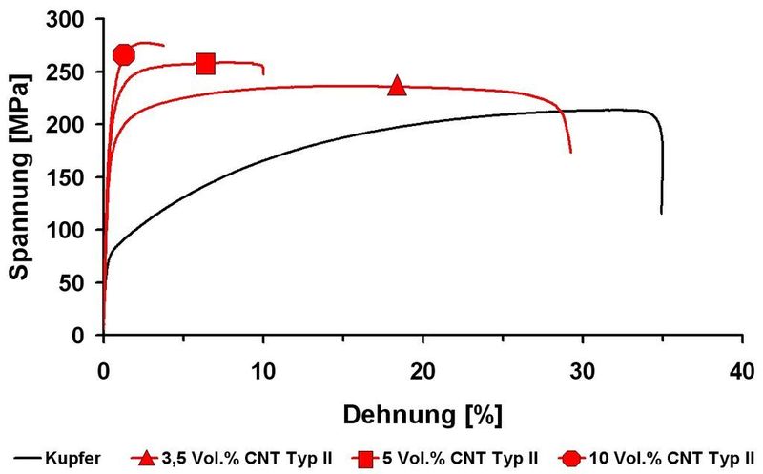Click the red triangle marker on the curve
click(397, 87)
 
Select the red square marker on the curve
click(205, 64)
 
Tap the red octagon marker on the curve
click(123, 55)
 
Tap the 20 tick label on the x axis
click(423, 370)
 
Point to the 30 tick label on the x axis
click(582, 370)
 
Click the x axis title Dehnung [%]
click(421, 415)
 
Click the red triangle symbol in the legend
click(146, 459)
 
